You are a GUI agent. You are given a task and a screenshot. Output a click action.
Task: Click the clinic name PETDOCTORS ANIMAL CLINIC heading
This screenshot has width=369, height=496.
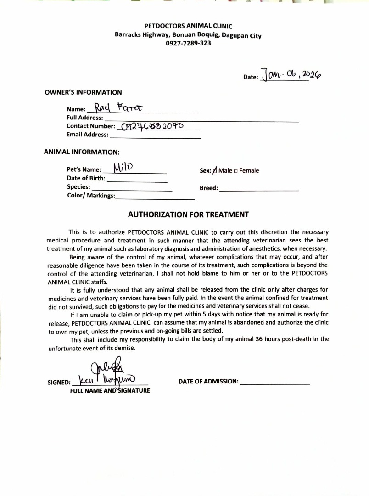click(x=188, y=26)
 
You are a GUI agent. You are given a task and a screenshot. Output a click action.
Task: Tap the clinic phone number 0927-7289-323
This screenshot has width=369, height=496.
click(x=188, y=43)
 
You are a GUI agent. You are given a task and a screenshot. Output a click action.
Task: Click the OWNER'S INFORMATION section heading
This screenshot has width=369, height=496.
click(x=83, y=92)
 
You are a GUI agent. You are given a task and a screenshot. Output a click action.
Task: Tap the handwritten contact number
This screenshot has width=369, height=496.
click(x=152, y=126)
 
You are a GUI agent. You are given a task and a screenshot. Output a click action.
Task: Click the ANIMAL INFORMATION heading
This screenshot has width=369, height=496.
click(x=82, y=152)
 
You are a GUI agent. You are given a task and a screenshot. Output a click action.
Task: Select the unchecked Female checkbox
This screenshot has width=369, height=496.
click(x=235, y=171)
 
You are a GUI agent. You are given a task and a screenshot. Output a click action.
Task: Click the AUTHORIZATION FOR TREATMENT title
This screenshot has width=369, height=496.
click(x=188, y=214)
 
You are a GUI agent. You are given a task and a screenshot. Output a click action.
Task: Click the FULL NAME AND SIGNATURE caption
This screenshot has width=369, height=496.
click(x=110, y=391)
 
